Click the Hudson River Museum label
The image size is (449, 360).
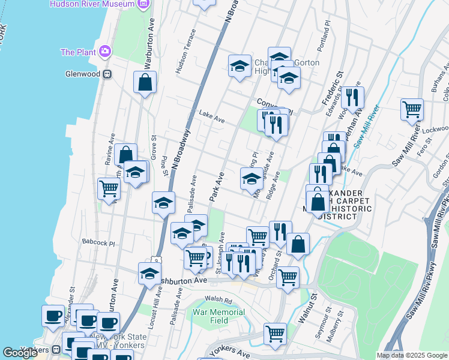click(x=92, y=4)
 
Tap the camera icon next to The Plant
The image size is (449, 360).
click(x=106, y=52)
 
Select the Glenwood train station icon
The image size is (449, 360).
click(x=107, y=74)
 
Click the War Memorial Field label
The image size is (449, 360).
click(x=218, y=316)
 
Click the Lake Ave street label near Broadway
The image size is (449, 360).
click(x=211, y=118)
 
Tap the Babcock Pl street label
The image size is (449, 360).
click(x=99, y=244)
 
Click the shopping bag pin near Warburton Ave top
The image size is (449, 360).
click(x=145, y=83)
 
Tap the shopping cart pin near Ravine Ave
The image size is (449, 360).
click(x=109, y=188)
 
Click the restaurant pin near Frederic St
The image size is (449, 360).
click(x=352, y=96)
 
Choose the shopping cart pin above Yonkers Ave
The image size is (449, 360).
click(x=276, y=333)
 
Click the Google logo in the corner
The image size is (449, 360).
click(x=20, y=353)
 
